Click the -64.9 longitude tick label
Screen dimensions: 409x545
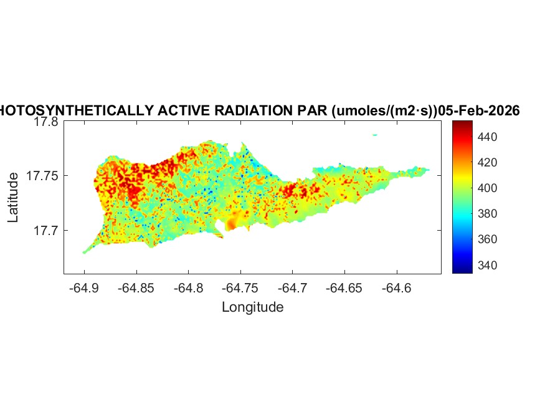[x=85, y=289]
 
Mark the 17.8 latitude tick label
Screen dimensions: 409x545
[x=46, y=122]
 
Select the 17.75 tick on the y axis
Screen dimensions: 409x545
[x=42, y=176]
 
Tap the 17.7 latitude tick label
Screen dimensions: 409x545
[x=46, y=231]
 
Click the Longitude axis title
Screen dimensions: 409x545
[x=253, y=307]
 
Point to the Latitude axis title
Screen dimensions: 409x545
[x=14, y=198]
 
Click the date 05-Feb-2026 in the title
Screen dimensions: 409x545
[x=479, y=111]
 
